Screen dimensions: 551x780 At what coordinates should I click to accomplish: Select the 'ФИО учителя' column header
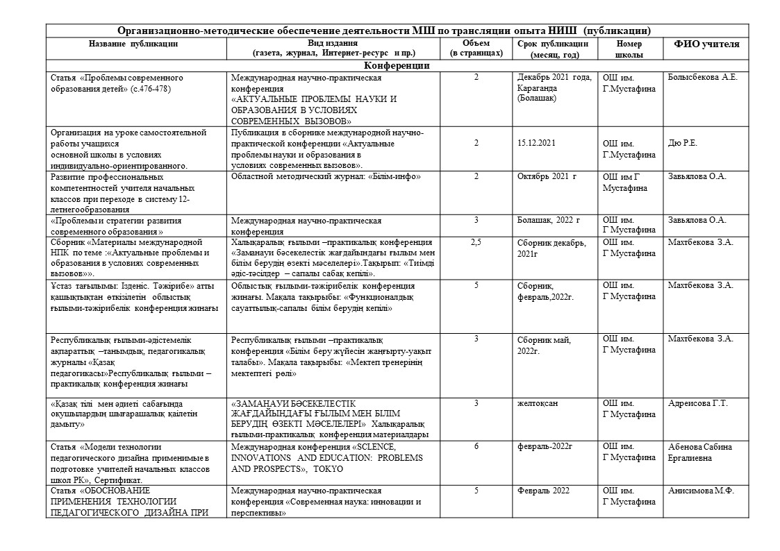click(706, 44)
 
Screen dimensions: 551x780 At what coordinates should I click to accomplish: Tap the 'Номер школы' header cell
click(629, 49)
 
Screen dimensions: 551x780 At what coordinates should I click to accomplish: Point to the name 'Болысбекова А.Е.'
click(702, 77)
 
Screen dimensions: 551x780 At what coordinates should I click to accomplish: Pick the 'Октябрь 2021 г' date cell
click(547, 176)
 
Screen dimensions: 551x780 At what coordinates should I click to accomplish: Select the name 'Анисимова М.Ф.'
click(701, 491)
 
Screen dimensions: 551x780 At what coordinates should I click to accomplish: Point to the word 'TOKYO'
click(329, 469)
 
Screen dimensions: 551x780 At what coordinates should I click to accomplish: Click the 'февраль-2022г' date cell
click(545, 447)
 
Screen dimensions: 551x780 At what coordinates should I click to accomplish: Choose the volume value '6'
click(476, 446)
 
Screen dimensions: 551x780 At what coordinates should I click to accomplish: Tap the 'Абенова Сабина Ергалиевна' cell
click(699, 452)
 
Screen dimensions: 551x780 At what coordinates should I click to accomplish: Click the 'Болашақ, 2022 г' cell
click(548, 221)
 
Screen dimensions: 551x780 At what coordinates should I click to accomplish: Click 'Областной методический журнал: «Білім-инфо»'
click(326, 176)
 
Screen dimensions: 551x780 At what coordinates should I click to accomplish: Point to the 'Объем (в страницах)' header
click(476, 48)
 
